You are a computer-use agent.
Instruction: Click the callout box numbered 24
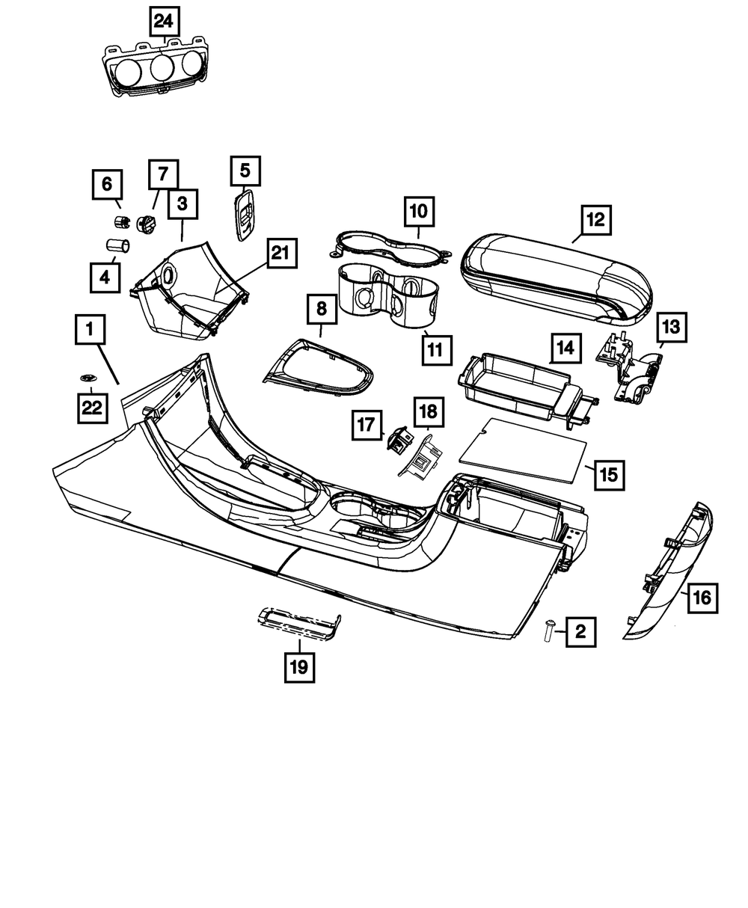(x=163, y=21)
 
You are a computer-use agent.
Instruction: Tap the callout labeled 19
(x=298, y=667)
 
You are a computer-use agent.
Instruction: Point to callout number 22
(x=91, y=408)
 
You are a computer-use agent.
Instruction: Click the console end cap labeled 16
(x=669, y=572)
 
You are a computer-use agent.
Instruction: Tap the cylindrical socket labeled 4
(x=117, y=244)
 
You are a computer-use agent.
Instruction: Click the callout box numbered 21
(x=278, y=254)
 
